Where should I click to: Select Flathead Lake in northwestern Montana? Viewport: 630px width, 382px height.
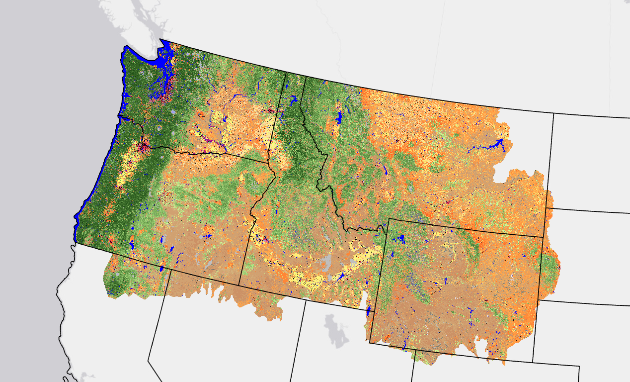click(339, 118)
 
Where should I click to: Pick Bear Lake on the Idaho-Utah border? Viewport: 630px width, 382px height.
click(368, 311)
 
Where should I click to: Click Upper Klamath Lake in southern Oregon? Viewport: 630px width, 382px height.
click(132, 245)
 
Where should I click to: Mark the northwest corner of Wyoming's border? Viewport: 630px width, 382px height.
click(389, 218)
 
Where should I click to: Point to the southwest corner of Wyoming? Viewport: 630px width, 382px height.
click(370, 342)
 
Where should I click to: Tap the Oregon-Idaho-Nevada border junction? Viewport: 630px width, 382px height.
click(239, 285)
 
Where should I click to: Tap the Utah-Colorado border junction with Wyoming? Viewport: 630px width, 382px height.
click(414, 349)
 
